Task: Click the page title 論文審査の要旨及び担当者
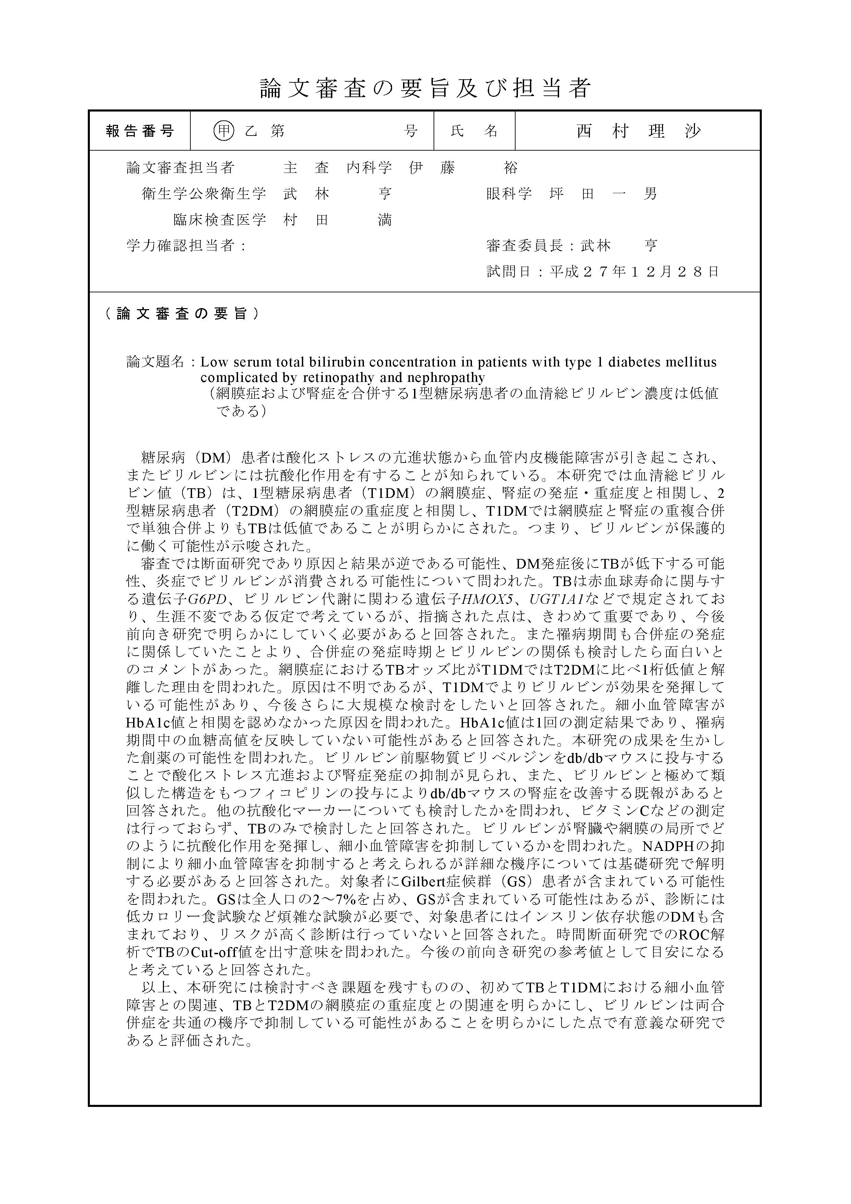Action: click(425, 88)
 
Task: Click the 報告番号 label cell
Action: click(140, 131)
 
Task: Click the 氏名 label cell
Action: click(474, 131)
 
